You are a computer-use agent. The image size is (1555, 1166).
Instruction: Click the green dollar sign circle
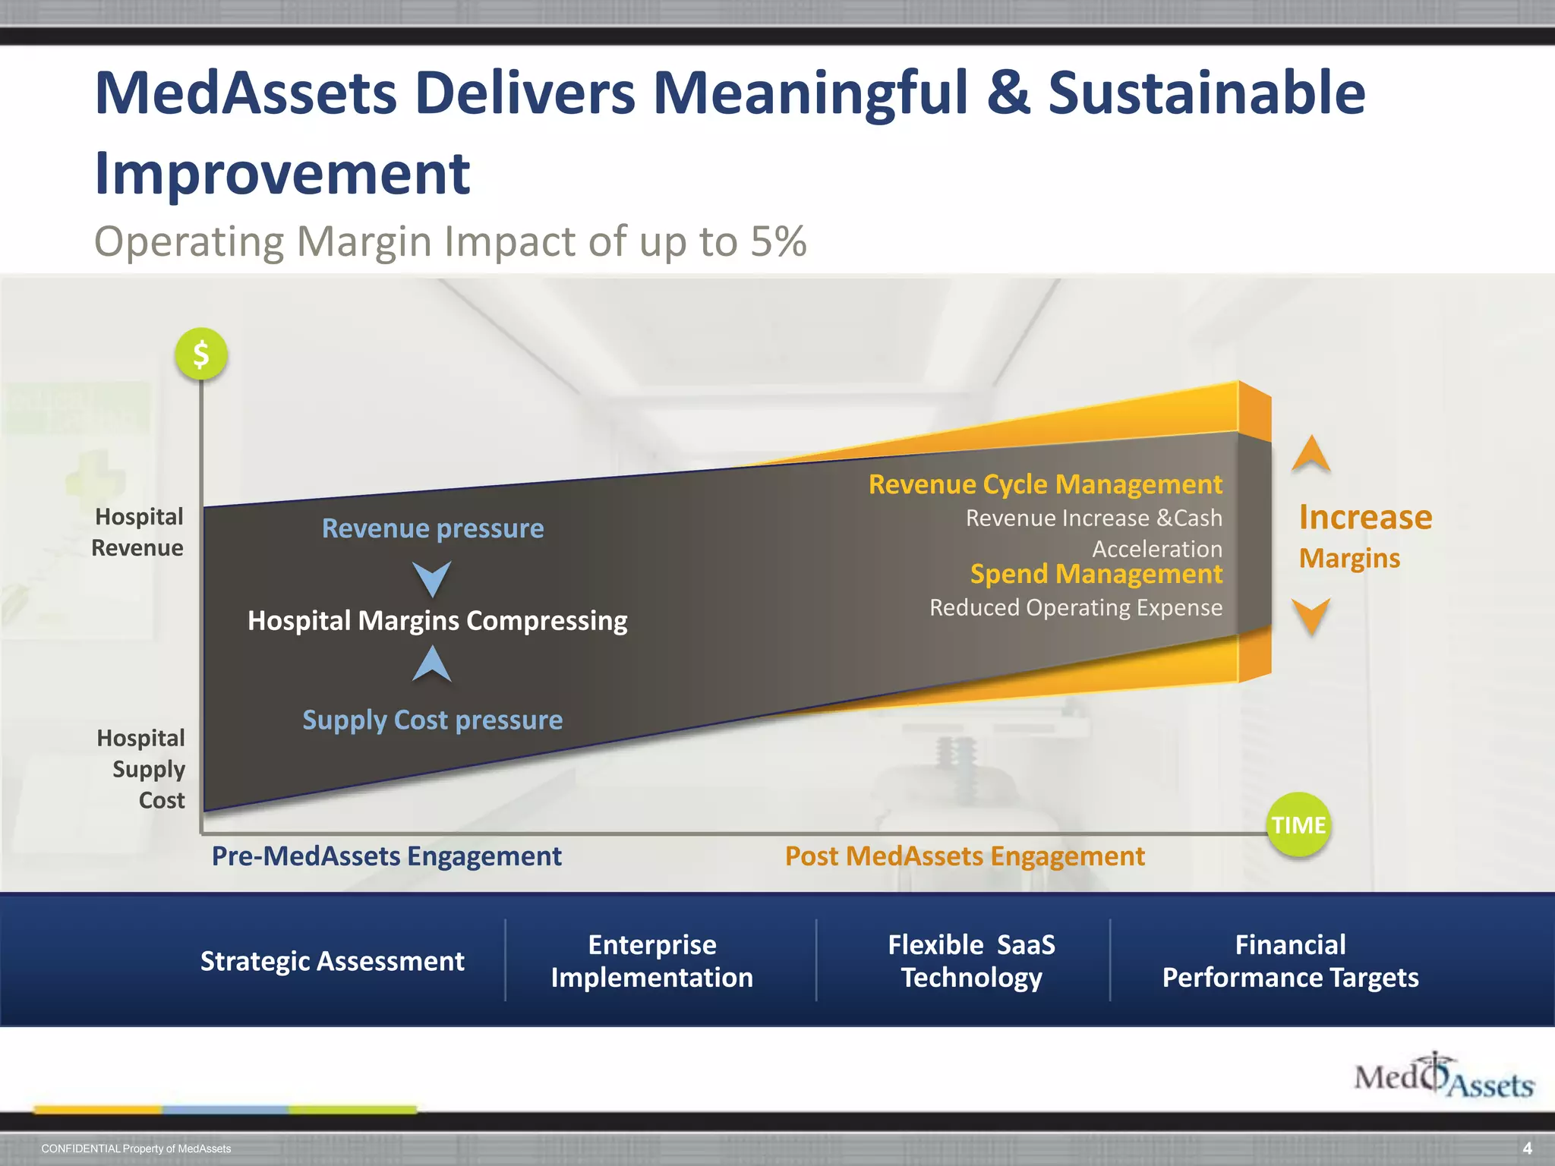[x=201, y=354]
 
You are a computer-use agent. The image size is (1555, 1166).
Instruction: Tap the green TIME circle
[x=1298, y=824]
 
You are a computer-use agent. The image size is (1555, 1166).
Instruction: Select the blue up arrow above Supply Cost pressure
[x=432, y=664]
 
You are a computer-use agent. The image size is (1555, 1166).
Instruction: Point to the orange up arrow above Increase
[x=1311, y=454]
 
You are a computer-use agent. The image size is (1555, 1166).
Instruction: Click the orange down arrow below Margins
[x=1311, y=615]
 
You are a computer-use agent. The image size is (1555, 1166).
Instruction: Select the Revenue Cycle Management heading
[x=1045, y=484]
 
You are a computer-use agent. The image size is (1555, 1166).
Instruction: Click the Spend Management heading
[x=1096, y=574]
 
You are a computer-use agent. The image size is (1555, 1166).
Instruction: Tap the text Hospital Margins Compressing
[x=437, y=621]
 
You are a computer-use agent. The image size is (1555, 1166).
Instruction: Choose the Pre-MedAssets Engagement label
[x=386, y=856]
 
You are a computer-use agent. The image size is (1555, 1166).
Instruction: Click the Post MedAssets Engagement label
[x=964, y=856]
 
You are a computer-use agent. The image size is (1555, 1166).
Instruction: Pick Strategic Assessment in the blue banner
[x=332, y=961]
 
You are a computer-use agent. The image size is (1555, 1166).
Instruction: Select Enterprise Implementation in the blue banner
[x=651, y=961]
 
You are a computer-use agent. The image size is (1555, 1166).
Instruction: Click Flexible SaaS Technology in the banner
[x=971, y=961]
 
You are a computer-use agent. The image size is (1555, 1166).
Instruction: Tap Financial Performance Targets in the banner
[x=1290, y=961]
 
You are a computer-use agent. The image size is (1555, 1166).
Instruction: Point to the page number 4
[x=1527, y=1149]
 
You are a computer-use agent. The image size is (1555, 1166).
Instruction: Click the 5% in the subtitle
[x=778, y=241]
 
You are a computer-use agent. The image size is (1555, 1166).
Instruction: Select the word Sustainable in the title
[x=1206, y=93]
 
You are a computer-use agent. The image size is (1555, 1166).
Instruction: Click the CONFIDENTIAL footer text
[x=136, y=1149]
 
